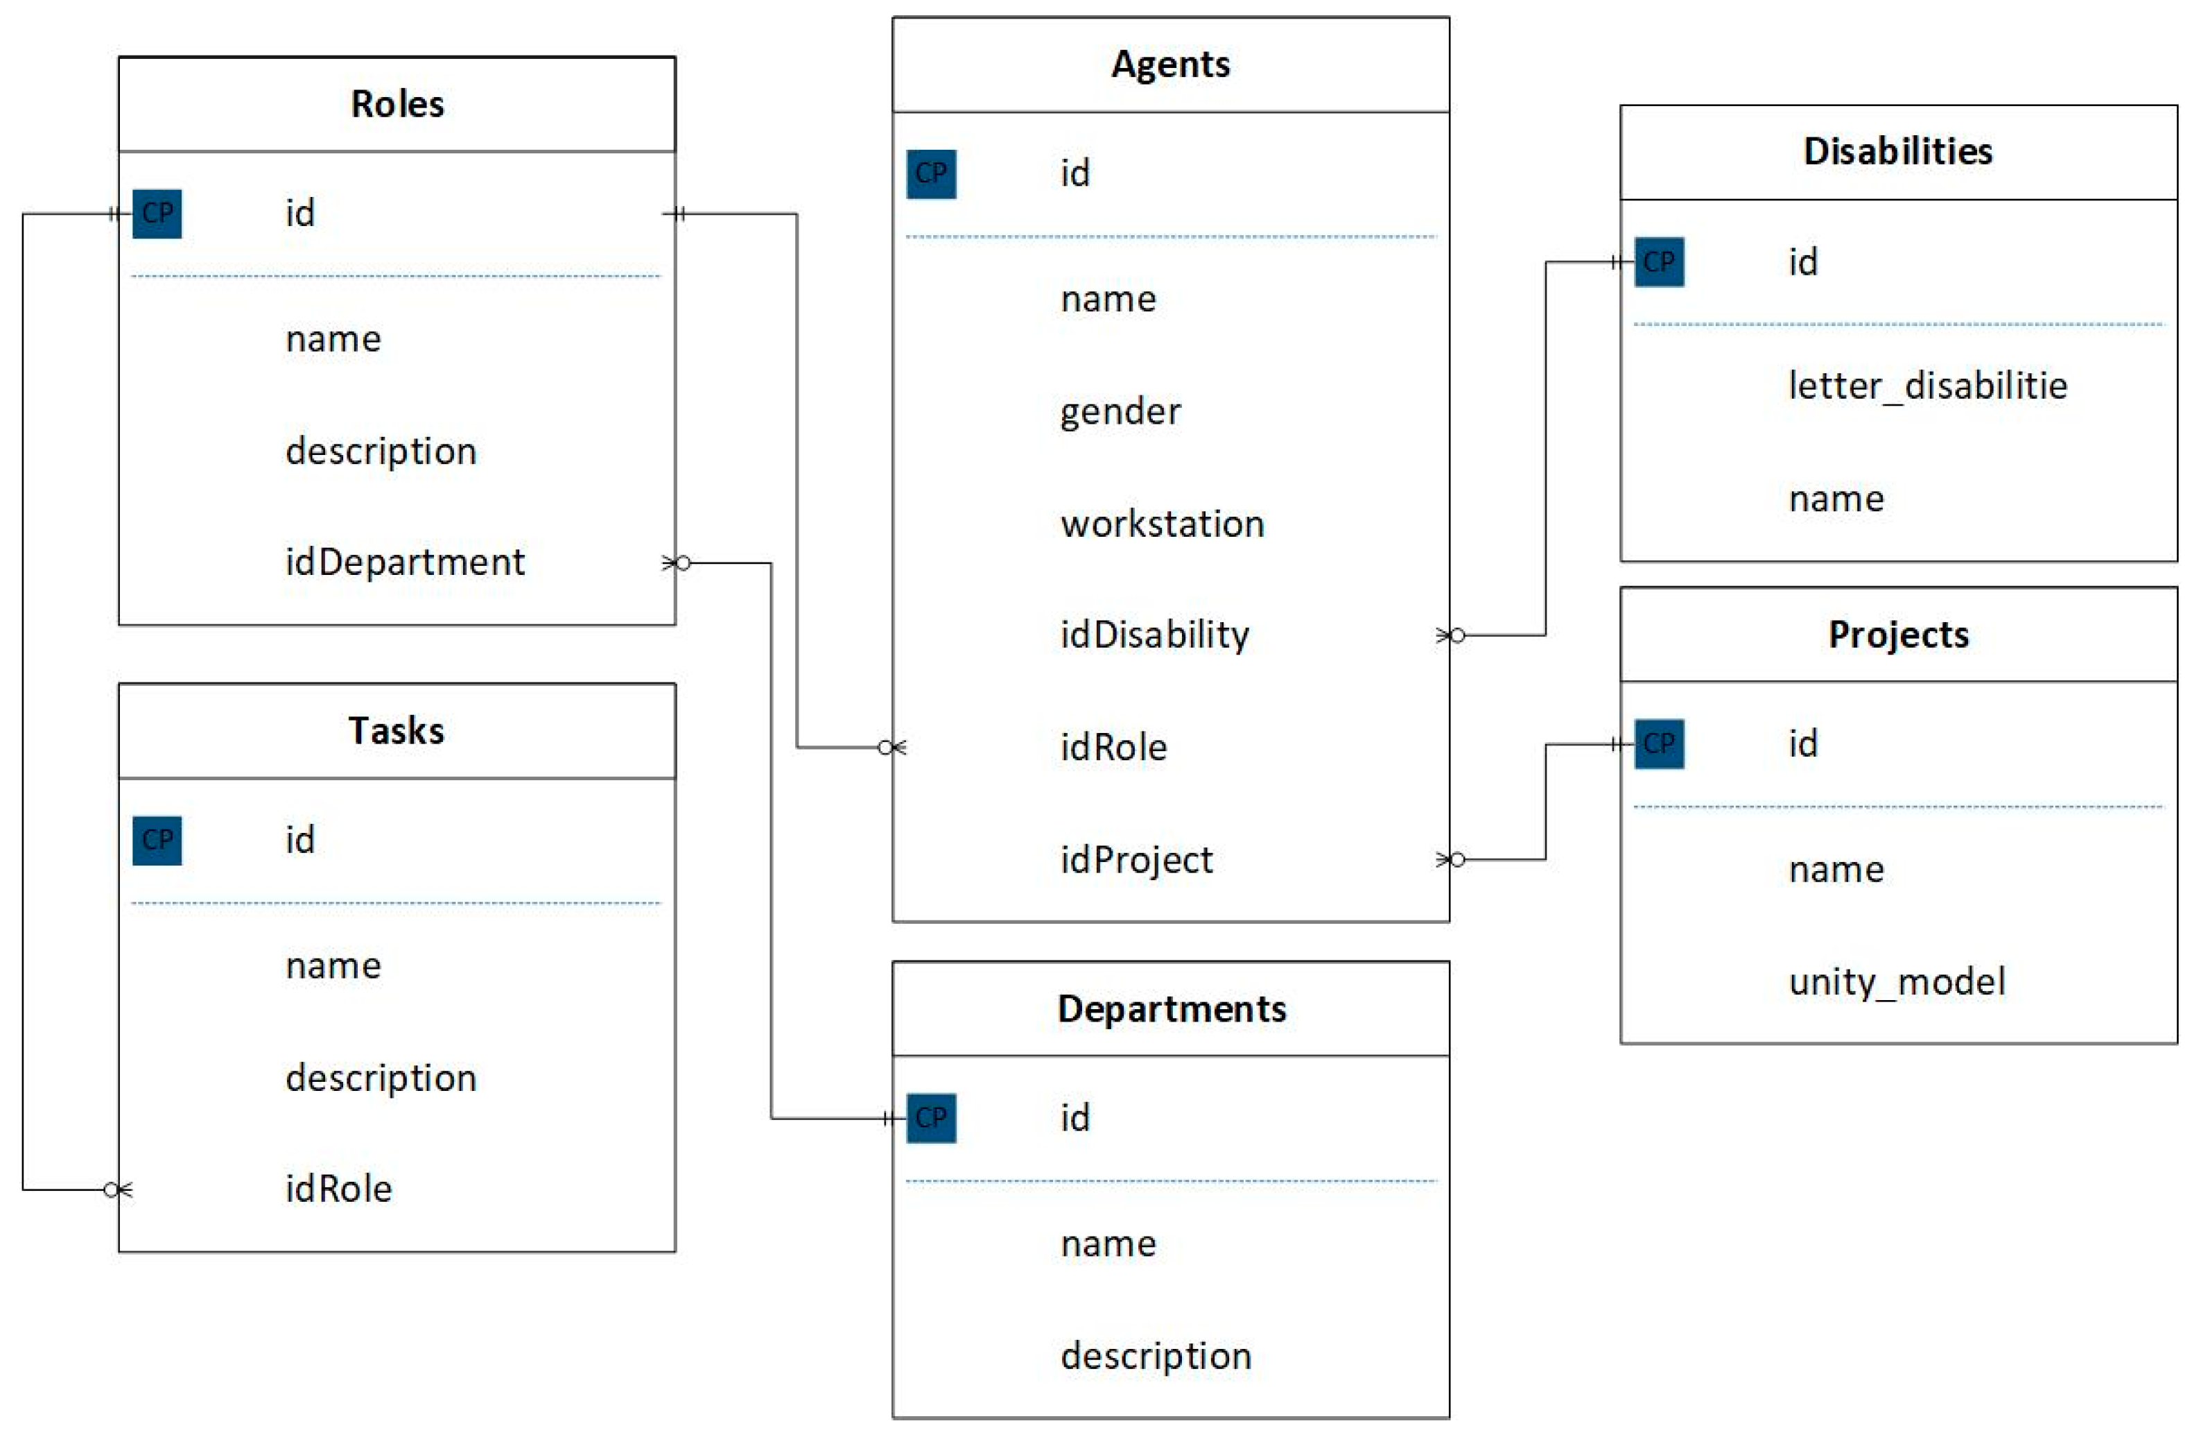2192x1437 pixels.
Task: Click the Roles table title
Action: click(x=397, y=104)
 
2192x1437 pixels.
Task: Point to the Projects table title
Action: click(x=1898, y=635)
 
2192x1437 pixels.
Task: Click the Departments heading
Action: click(x=1172, y=1008)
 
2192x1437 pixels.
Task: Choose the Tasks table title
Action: click(x=396, y=730)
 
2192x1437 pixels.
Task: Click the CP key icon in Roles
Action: click(x=157, y=214)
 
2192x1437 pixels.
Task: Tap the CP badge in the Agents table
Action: click(x=931, y=174)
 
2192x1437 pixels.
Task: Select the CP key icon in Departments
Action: click(x=931, y=1117)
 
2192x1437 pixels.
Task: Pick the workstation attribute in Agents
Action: click(x=1163, y=523)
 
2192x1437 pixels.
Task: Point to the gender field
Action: click(x=1120, y=411)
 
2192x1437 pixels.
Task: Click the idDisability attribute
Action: click(x=1154, y=635)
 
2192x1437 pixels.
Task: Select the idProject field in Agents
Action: click(x=1136, y=859)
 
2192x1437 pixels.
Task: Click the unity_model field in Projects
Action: click(x=1897, y=981)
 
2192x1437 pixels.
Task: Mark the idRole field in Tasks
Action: click(x=339, y=1188)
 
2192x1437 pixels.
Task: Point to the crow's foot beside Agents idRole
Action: click(x=891, y=747)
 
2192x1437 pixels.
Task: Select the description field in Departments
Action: click(x=1156, y=1355)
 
